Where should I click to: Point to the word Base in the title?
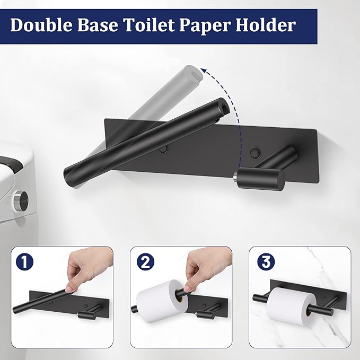(99, 25)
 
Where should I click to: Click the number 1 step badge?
(23, 261)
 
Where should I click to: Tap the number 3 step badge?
(264, 261)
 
